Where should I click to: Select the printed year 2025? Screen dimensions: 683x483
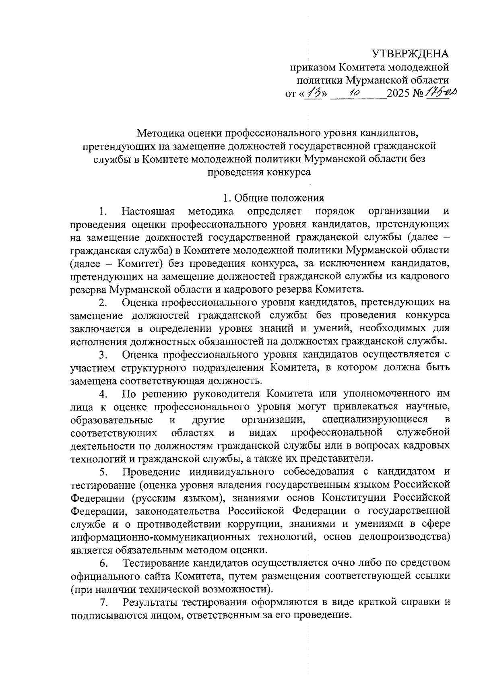click(x=399, y=94)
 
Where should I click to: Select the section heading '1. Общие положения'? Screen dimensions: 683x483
click(x=274, y=198)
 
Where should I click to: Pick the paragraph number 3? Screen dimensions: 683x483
click(x=103, y=355)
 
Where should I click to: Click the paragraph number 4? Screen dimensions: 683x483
click(x=103, y=394)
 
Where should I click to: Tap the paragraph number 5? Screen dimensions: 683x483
click(x=103, y=472)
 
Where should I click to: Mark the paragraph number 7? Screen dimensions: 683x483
click(x=103, y=603)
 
